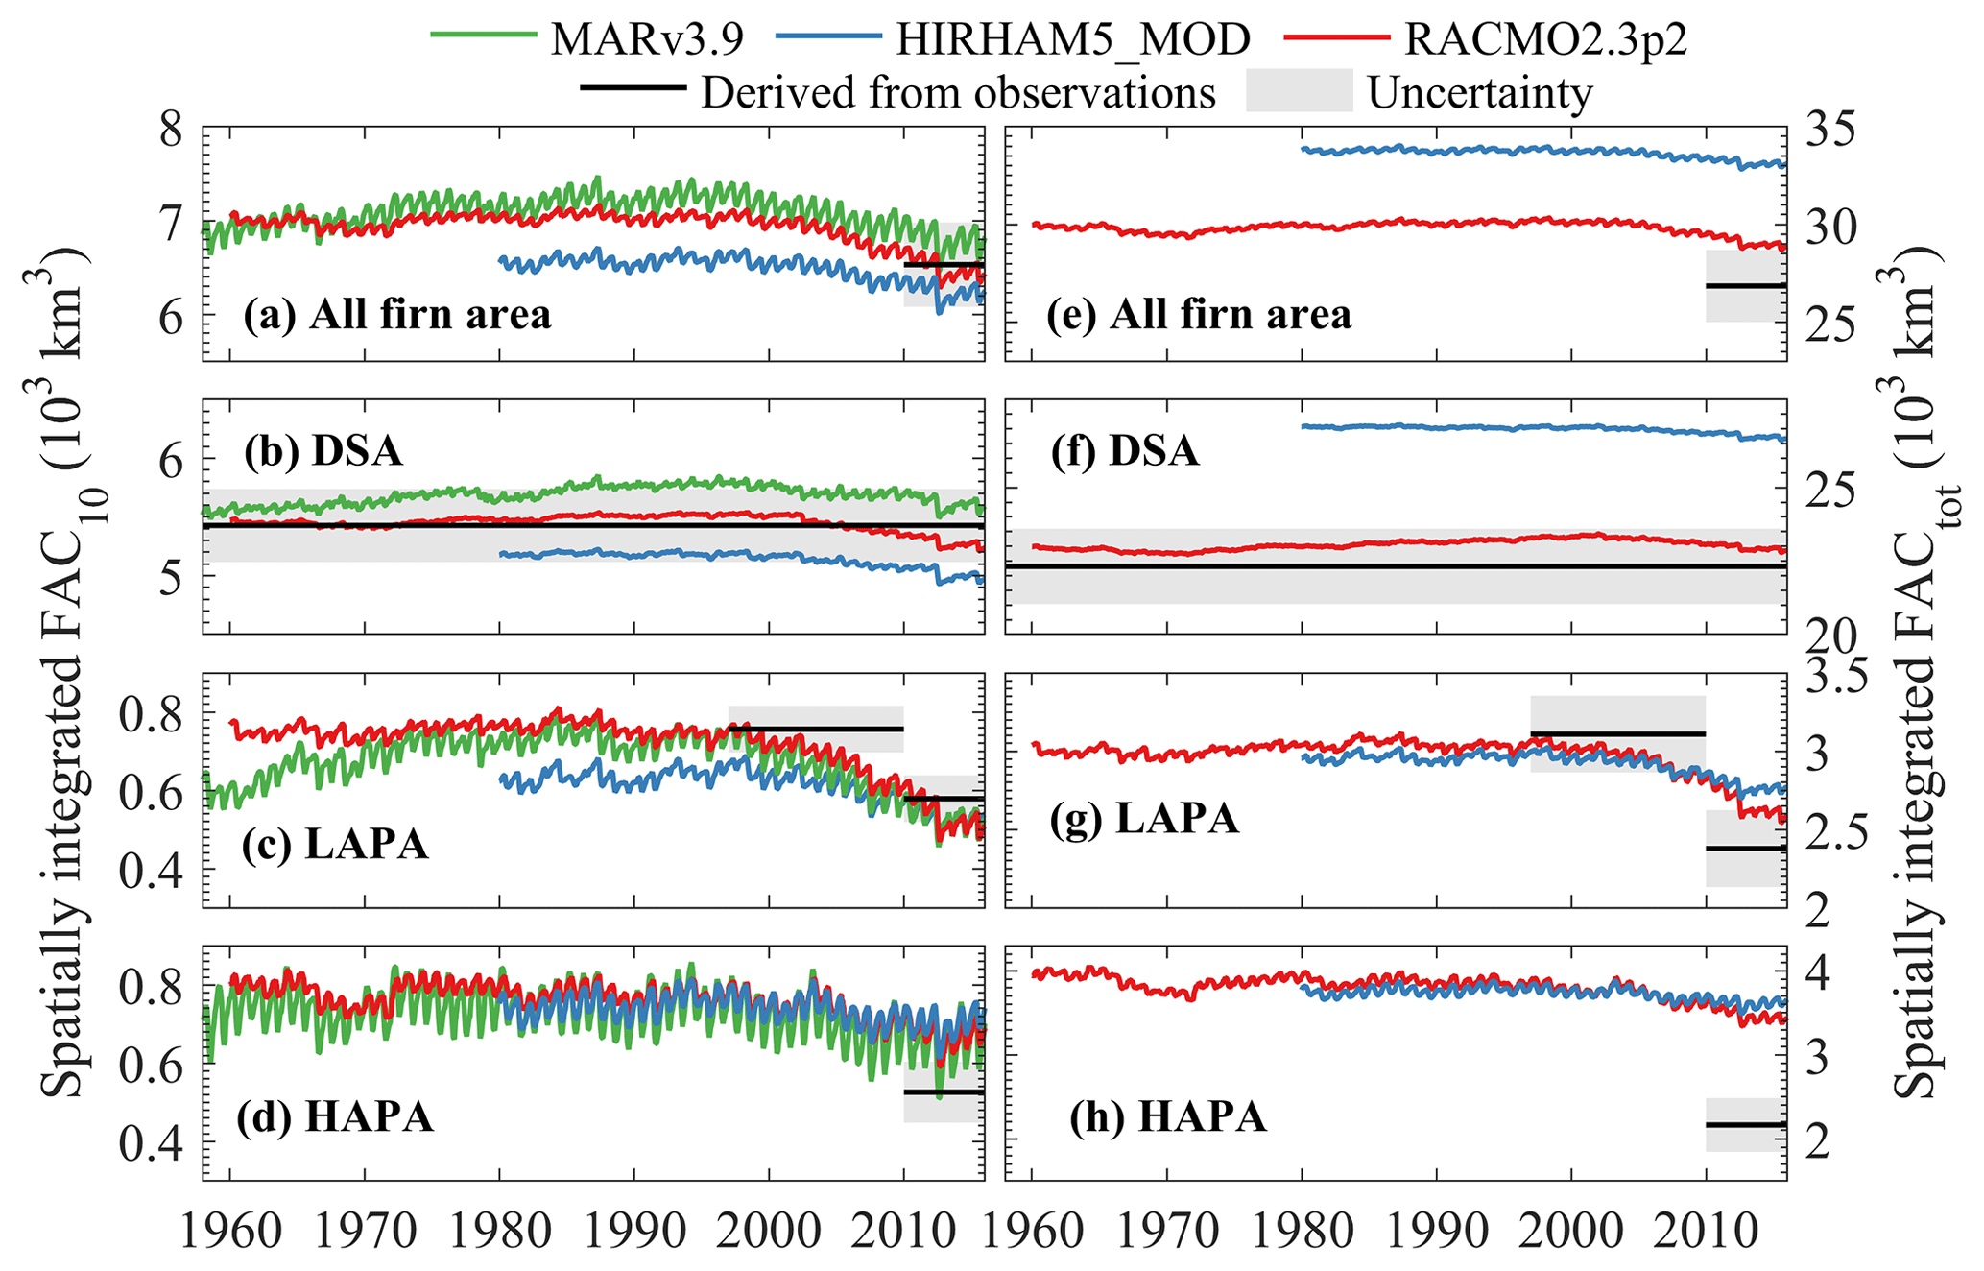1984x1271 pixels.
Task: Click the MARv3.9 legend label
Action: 648,38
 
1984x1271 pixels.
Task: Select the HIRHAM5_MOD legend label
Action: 1072,38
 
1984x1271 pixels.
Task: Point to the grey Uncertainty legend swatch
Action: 1299,91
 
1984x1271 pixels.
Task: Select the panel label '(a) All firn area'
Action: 396,315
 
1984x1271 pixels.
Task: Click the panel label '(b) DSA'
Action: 323,451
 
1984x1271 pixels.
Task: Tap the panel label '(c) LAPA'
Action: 335,844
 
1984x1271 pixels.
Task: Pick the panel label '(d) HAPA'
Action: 335,1116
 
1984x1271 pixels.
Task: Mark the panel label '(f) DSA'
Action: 1124,451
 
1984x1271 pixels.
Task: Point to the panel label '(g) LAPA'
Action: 1144,819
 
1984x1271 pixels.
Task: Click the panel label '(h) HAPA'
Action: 1167,1116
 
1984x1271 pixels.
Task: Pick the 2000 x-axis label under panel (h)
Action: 1570,1233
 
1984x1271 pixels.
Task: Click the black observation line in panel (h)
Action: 1745,1124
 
